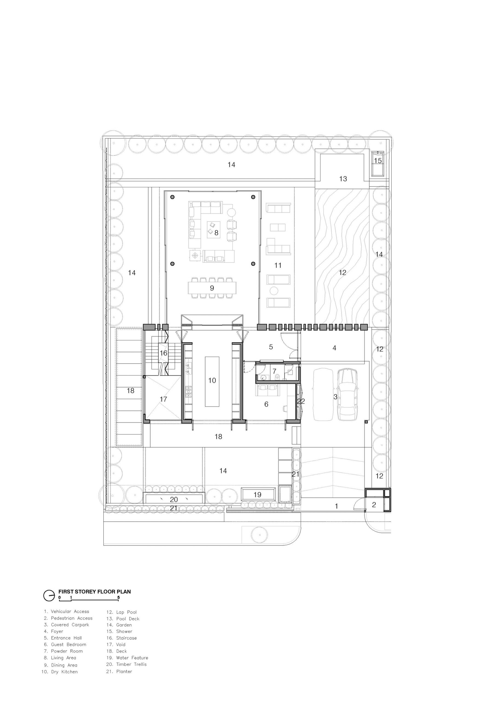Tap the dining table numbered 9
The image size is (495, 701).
(212, 288)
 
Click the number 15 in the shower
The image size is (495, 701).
(378, 160)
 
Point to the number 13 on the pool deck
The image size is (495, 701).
(343, 179)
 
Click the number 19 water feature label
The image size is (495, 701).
(257, 494)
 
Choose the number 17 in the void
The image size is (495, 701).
(163, 399)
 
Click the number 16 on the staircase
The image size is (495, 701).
(164, 353)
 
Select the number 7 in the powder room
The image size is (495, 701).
(274, 371)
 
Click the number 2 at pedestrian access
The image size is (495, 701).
(374, 505)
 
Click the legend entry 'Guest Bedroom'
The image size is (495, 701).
(65, 644)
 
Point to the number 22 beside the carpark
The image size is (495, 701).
(301, 401)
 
